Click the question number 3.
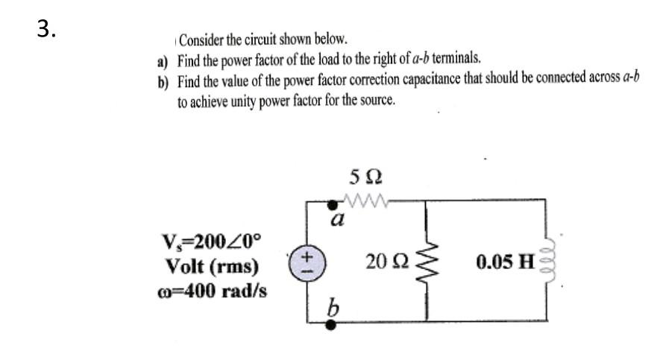click(47, 28)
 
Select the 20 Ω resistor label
click(386, 262)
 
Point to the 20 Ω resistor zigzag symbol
click(427, 262)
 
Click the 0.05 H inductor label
click(506, 262)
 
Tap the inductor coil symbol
click(553, 261)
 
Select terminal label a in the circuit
click(338, 219)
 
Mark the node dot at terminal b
click(333, 323)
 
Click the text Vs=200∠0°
click(212, 242)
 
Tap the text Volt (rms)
click(212, 266)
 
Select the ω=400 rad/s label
click(212, 290)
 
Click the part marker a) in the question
click(162, 60)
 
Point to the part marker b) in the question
click(162, 81)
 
